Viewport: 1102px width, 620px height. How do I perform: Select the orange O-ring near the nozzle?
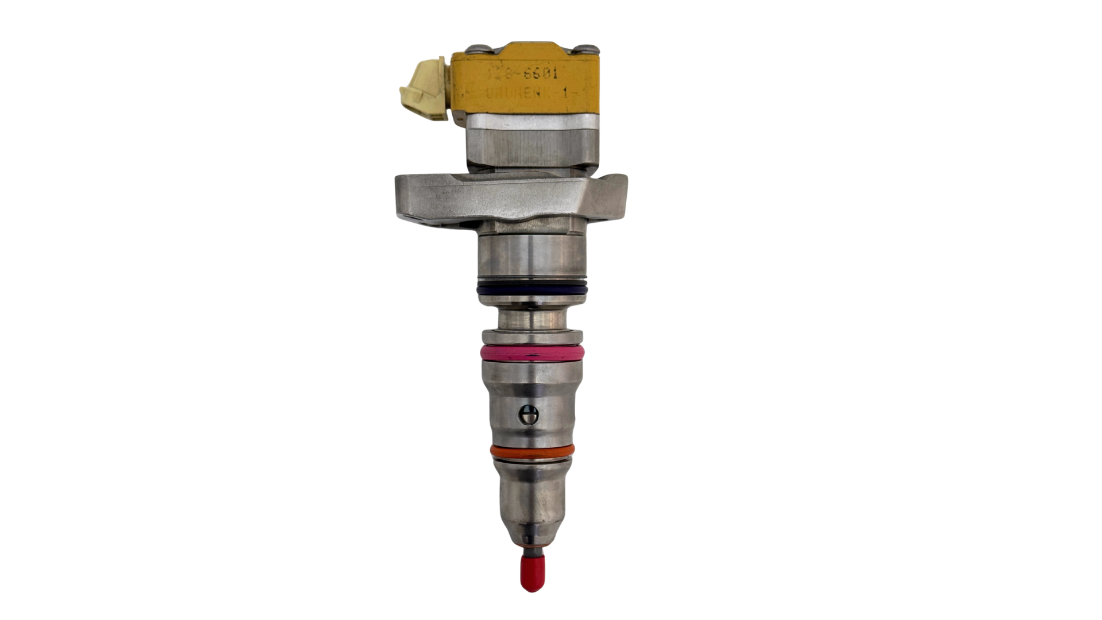click(x=531, y=450)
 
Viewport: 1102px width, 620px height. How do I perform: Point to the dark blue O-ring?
click(x=532, y=289)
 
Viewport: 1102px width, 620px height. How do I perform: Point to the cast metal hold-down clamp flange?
click(x=505, y=198)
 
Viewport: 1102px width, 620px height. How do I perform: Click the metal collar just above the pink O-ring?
click(x=533, y=336)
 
